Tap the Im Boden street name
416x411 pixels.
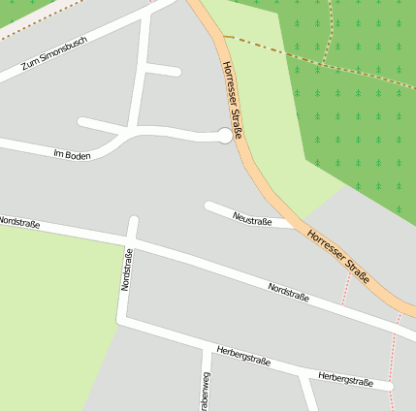pyautogui.click(x=72, y=154)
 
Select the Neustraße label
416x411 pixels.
pyautogui.click(x=252, y=220)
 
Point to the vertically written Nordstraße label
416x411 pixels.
pyautogui.click(x=125, y=269)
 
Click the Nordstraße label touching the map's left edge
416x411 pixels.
pyautogui.click(x=19, y=223)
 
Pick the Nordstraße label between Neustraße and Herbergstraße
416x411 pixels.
pyautogui.click(x=288, y=291)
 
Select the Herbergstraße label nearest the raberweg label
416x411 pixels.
pyautogui.click(x=243, y=358)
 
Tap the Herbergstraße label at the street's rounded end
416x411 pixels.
pyautogui.click(x=345, y=380)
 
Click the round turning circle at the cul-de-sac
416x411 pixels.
pyautogui.click(x=225, y=136)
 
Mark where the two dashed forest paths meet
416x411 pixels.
pyautogui.click(x=328, y=61)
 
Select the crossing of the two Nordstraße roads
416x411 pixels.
pyautogui.click(x=133, y=234)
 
